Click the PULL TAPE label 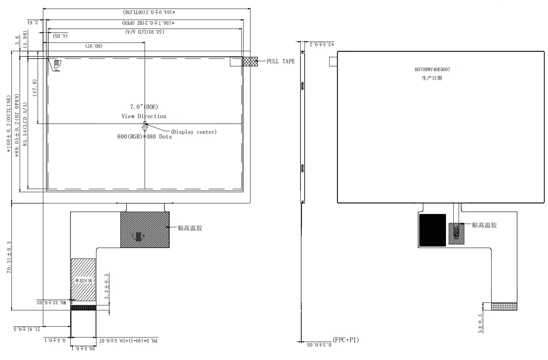[x=280, y=62]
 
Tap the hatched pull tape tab [x=250, y=62]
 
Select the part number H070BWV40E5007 [x=432, y=69]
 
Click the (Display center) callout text [x=194, y=132]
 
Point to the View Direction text [x=144, y=116]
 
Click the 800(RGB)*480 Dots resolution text [x=144, y=137]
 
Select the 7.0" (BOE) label [x=144, y=107]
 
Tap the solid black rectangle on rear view [x=432, y=230]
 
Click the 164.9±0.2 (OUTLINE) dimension [x=149, y=12]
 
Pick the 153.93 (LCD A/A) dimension [x=145, y=32]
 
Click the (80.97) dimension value [x=94, y=46]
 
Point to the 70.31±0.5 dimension [x=9, y=257]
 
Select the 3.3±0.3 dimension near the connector [x=107, y=286]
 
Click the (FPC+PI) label [x=346, y=340]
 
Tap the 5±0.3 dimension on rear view [x=480, y=323]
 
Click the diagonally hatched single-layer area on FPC [x=83, y=280]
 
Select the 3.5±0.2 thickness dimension [x=322, y=44]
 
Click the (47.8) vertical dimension [x=35, y=88]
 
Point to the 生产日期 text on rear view [x=432, y=78]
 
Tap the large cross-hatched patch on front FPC [x=145, y=229]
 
